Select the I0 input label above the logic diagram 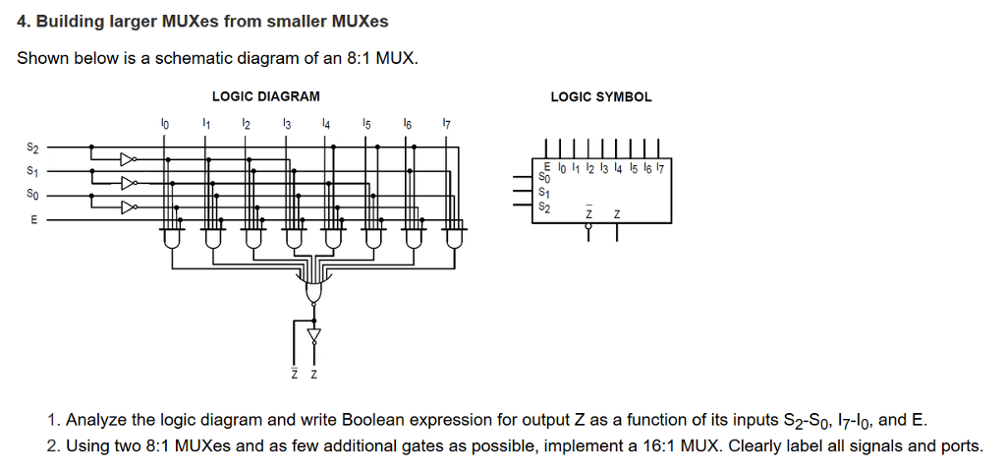tap(164, 124)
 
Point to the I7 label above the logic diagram tap(446, 124)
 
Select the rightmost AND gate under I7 tap(454, 237)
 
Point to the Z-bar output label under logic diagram tap(294, 375)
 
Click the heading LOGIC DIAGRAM tap(265, 96)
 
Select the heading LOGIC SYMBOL tap(600, 96)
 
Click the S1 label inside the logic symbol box tap(545, 193)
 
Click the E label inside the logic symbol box tap(547, 164)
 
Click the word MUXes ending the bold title tap(361, 21)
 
